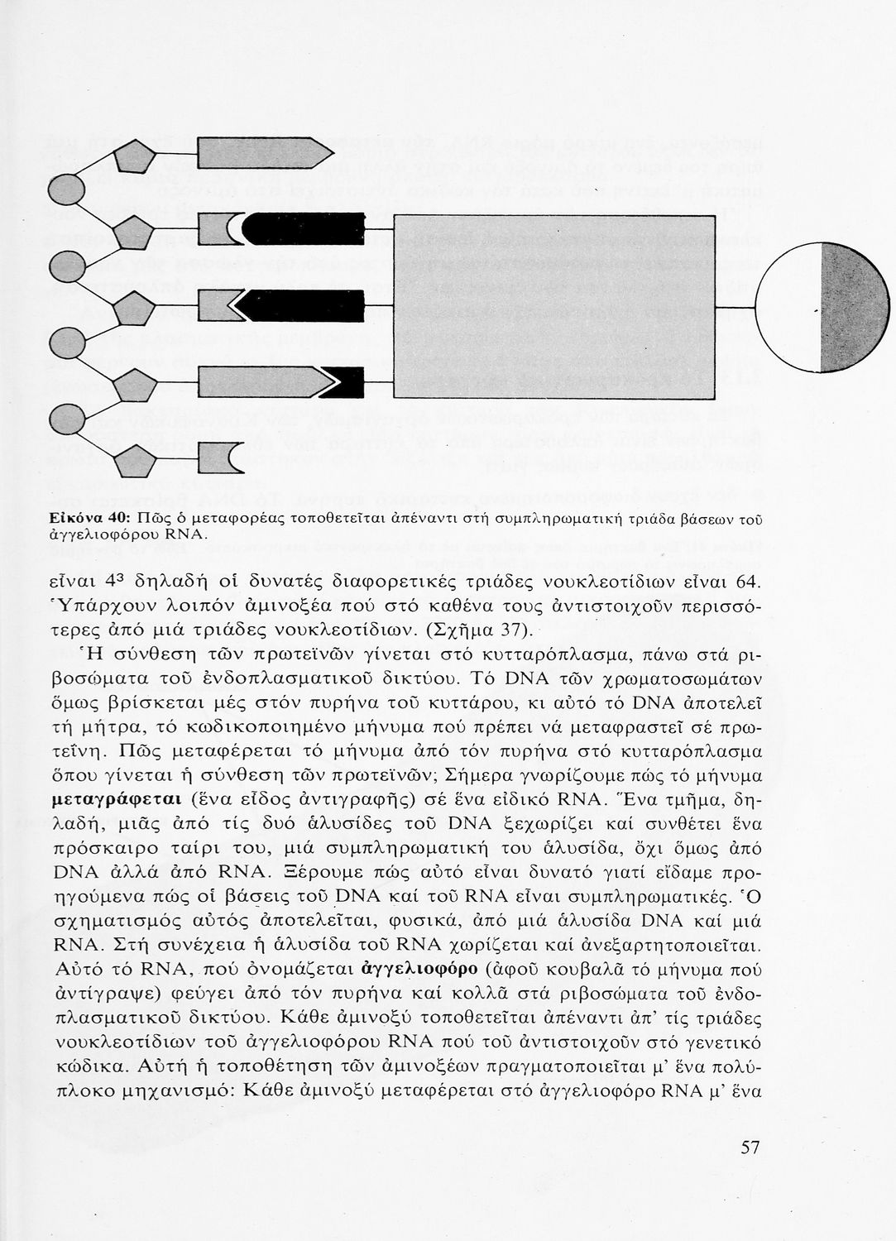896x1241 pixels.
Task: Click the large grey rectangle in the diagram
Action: point(562,308)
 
